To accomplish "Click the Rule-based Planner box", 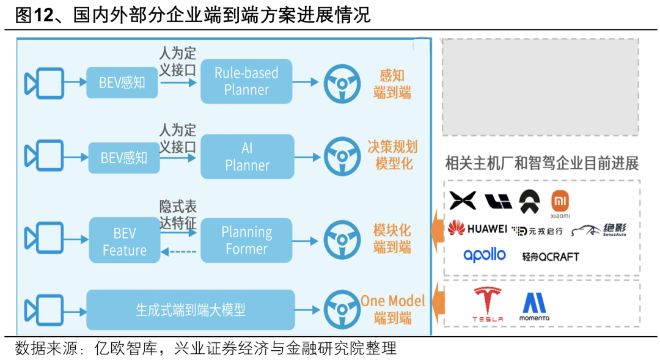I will click(x=247, y=81).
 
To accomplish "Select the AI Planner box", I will click(x=247, y=156).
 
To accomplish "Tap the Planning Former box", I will click(x=247, y=240).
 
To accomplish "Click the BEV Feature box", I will click(x=125, y=242).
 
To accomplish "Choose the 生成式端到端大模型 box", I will click(x=190, y=310).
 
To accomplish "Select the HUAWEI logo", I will click(x=477, y=229).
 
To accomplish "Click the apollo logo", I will click(x=485, y=255).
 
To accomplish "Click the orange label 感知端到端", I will click(x=392, y=84).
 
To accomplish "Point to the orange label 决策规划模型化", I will click(x=392, y=155).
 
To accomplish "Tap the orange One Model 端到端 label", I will click(x=392, y=309).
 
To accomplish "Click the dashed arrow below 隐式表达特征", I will click(x=178, y=251).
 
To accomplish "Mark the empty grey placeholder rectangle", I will click(x=540, y=87).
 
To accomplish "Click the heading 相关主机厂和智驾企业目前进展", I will click(x=541, y=163).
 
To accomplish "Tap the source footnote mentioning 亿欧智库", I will click(x=206, y=348).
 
